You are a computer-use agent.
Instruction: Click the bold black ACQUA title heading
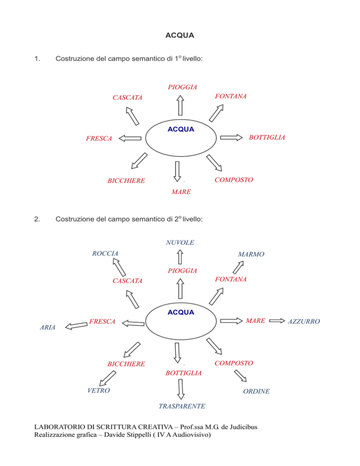click(x=180, y=35)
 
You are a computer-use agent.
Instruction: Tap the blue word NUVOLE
click(x=180, y=242)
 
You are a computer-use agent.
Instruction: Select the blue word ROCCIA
click(x=105, y=254)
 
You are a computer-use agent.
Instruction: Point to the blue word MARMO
click(x=251, y=254)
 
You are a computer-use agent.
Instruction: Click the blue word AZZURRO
click(x=304, y=321)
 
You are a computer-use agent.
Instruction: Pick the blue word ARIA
click(x=47, y=327)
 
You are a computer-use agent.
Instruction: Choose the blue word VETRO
click(x=98, y=391)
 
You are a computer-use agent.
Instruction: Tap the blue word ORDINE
click(x=256, y=391)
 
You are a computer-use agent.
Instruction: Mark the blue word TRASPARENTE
click(x=181, y=406)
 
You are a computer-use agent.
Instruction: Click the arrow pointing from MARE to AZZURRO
click(x=277, y=321)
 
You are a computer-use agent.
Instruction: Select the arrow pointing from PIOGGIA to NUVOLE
click(x=180, y=257)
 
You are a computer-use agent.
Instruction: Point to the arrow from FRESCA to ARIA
click(x=76, y=326)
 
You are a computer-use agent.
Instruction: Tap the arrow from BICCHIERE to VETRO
click(x=107, y=378)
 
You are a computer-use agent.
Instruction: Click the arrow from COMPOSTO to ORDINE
click(x=240, y=376)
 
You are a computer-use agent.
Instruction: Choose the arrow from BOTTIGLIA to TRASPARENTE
click(x=181, y=389)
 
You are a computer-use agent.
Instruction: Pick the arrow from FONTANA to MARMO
click(x=238, y=267)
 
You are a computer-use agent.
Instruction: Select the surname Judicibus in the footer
click(x=246, y=427)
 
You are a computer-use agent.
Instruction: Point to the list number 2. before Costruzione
click(x=37, y=219)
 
